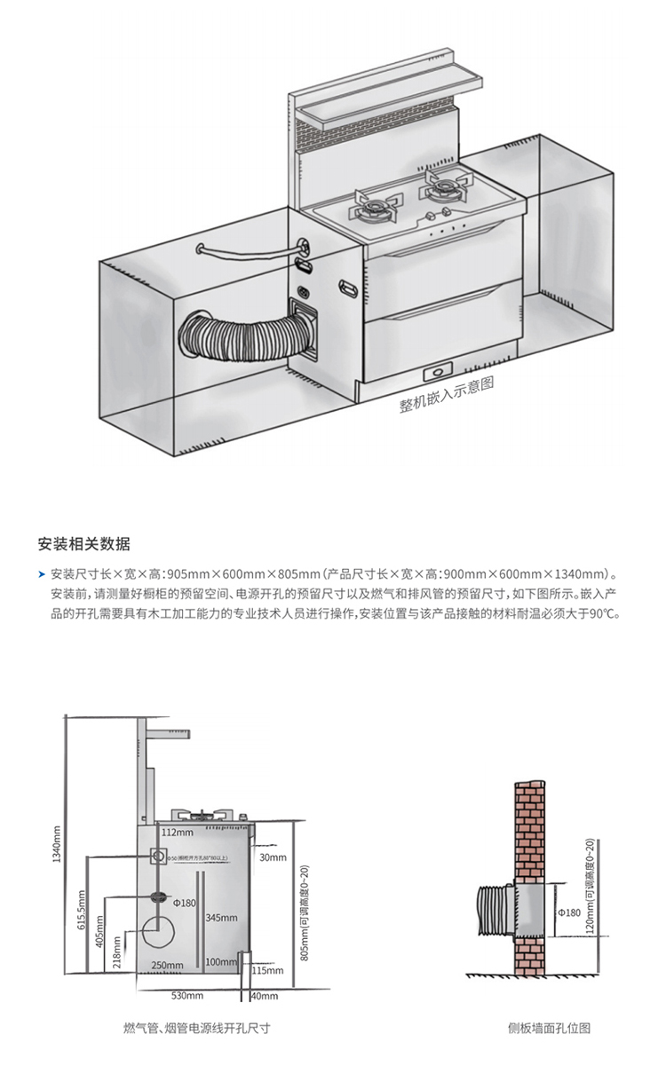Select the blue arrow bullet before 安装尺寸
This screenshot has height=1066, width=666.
point(42,574)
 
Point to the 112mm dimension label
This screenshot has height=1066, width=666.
point(177,833)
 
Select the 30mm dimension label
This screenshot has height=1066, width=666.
point(273,858)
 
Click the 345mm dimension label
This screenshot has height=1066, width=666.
point(222,917)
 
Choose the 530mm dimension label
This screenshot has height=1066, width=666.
point(188,996)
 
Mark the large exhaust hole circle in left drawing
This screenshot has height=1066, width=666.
point(160,935)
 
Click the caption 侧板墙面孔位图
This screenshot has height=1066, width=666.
point(549,1029)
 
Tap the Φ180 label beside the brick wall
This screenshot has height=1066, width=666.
point(567,912)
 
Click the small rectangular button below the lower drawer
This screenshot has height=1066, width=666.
point(438,369)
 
